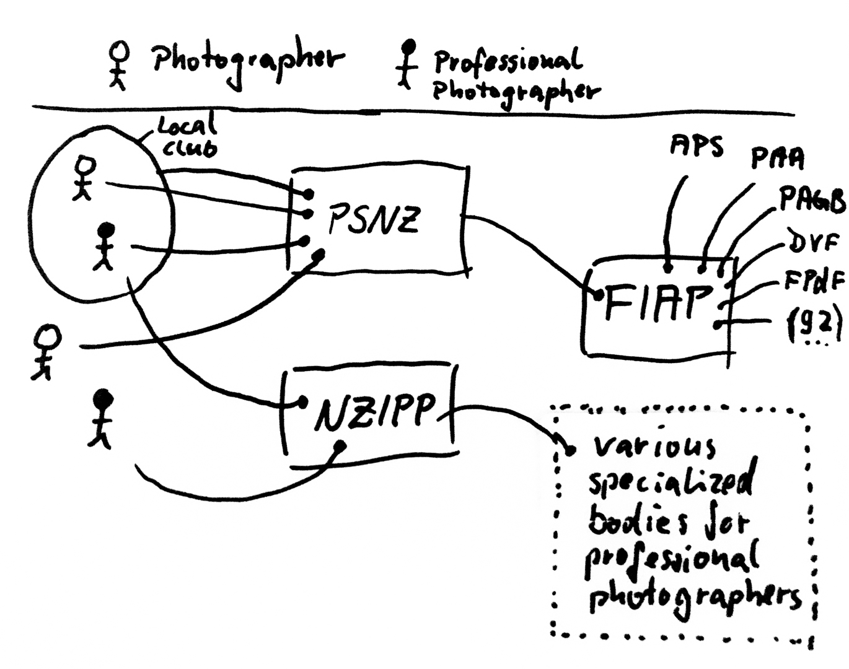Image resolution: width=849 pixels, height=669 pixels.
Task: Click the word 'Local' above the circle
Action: [187, 128]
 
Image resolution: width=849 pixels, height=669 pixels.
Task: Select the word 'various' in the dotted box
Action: [653, 446]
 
